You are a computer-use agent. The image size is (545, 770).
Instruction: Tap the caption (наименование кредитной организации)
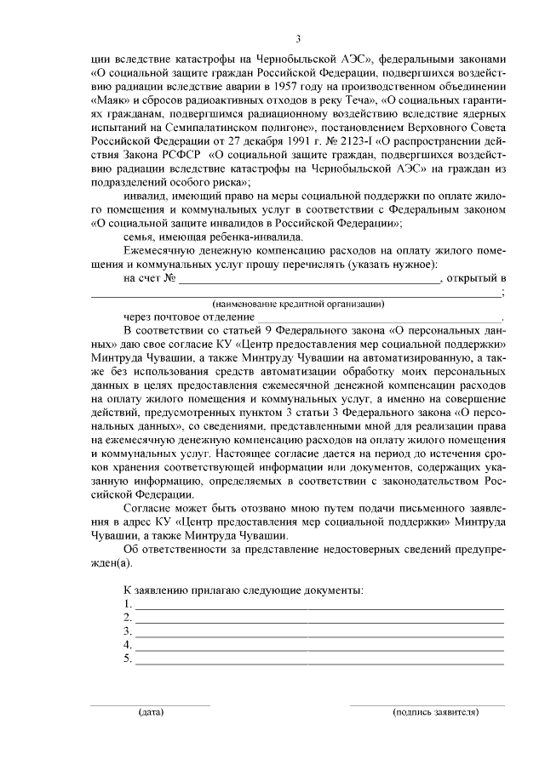coord(298,303)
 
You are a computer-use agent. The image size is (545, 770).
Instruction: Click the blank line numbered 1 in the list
coord(319,605)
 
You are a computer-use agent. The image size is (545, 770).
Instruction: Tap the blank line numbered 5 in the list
coord(319,659)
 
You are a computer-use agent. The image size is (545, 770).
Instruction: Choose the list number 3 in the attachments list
coord(127,631)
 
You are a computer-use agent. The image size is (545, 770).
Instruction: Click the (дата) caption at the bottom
coord(152,711)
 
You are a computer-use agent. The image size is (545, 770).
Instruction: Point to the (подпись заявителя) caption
coord(435,711)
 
